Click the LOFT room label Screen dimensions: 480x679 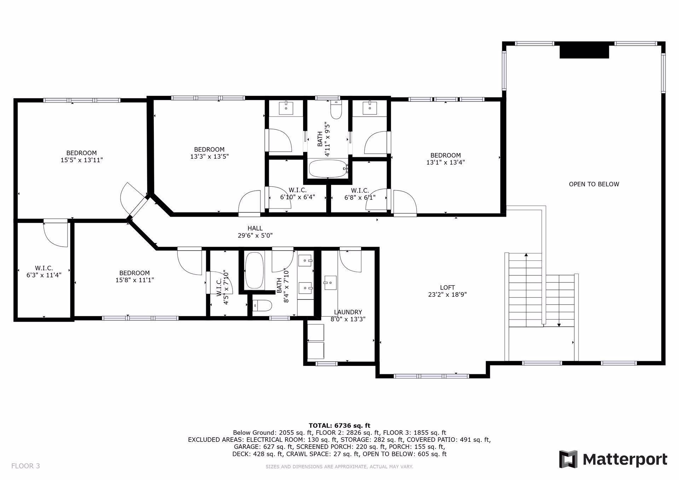click(x=447, y=288)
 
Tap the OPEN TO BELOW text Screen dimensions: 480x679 click(x=594, y=184)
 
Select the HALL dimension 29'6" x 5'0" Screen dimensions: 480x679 click(x=255, y=235)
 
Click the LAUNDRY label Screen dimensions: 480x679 click(x=348, y=312)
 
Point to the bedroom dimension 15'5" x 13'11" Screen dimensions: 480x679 click(x=82, y=160)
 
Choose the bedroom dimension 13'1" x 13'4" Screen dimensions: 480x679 click(x=445, y=163)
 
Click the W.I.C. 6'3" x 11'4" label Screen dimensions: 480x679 click(x=44, y=271)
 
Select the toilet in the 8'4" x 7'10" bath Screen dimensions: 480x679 click(x=262, y=305)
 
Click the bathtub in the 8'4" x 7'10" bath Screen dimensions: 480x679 click(x=255, y=270)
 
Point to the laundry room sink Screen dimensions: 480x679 click(x=331, y=283)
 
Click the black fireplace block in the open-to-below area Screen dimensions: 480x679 click(x=584, y=50)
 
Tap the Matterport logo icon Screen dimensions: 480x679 click(x=568, y=459)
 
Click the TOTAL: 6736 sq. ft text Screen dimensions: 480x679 click(x=339, y=426)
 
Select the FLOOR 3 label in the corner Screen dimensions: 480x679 click(x=25, y=466)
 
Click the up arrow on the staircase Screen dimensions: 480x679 click(x=526, y=255)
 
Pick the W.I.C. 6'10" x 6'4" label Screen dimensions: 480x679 click(x=297, y=194)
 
